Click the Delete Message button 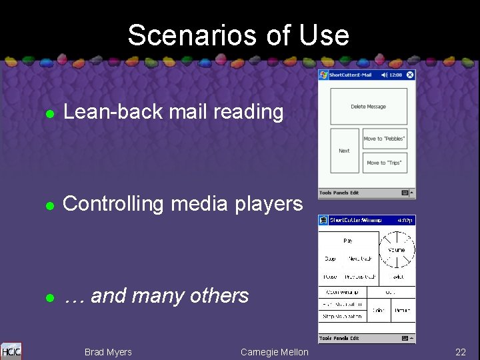click(x=368, y=107)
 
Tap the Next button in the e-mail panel click(x=344, y=151)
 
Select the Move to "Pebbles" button click(x=384, y=139)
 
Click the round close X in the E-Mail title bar click(x=410, y=75)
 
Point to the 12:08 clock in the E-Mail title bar click(x=396, y=75)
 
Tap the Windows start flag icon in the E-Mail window click(x=323, y=75)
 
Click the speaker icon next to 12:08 click(x=383, y=75)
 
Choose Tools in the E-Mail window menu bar click(x=325, y=193)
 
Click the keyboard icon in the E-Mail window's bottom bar click(x=405, y=193)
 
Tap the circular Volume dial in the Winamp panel click(x=397, y=250)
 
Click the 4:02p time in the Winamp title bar click(x=404, y=220)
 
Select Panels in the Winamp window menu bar click(x=341, y=338)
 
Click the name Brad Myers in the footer click(x=108, y=352)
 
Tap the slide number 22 click(x=460, y=352)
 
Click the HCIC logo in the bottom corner click(x=11, y=351)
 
